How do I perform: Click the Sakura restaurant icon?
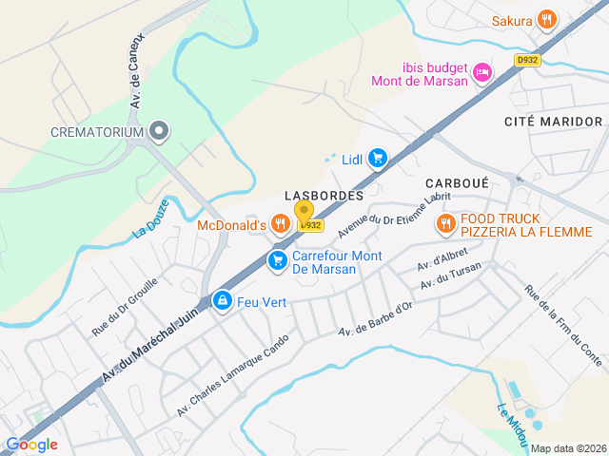coord(546,18)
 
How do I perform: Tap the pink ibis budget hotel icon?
coord(483,72)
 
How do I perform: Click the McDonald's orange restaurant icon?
coord(279,224)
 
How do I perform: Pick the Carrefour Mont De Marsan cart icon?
coord(278,260)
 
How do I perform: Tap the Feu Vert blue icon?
coord(223,301)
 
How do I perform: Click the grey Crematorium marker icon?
coord(159,132)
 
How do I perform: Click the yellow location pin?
coord(304,213)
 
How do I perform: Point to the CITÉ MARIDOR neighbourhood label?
coord(553,122)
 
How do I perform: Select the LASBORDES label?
coord(324,195)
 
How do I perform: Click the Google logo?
coord(31,444)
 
